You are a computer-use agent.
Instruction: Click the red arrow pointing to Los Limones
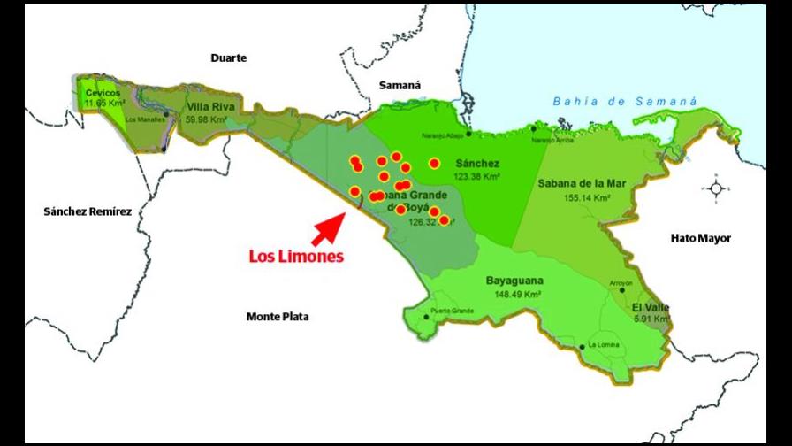coord(328,228)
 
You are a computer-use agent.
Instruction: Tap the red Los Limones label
coord(295,256)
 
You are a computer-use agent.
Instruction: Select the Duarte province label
coord(228,58)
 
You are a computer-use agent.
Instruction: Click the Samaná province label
coord(400,86)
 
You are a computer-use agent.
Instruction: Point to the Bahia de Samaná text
coord(625,102)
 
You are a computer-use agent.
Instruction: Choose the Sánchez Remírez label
coord(88,211)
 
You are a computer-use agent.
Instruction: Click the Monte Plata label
coord(277,316)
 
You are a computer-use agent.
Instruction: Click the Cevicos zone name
coord(103,93)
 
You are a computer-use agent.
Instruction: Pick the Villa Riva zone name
coord(210,107)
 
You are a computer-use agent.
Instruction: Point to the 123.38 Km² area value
coord(477,177)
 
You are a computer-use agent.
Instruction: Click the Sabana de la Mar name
coord(582,183)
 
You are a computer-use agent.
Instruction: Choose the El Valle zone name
coord(651,307)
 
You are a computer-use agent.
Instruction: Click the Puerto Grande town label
coord(452,311)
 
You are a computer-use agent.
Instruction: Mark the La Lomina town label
coord(604,344)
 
